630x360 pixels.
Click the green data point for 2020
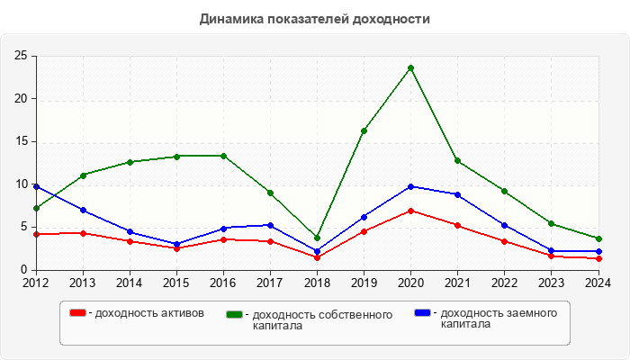point(410,68)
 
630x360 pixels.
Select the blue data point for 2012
point(36,186)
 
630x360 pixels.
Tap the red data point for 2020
point(410,211)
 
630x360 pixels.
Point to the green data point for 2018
point(317,238)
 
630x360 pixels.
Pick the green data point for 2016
point(223,156)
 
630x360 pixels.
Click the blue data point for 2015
point(176,244)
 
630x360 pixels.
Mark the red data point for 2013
point(83,233)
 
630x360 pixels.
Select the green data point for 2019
point(364,130)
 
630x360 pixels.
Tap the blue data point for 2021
point(457,194)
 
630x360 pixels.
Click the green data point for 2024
point(598,238)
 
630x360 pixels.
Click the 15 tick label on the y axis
point(20,141)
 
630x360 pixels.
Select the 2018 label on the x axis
point(317,283)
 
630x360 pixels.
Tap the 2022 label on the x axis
point(504,283)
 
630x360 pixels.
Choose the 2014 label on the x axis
point(130,283)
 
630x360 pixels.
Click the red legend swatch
point(78,312)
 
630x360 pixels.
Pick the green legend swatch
point(235,314)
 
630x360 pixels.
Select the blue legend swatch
point(422,312)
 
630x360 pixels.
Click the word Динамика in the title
point(229,18)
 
